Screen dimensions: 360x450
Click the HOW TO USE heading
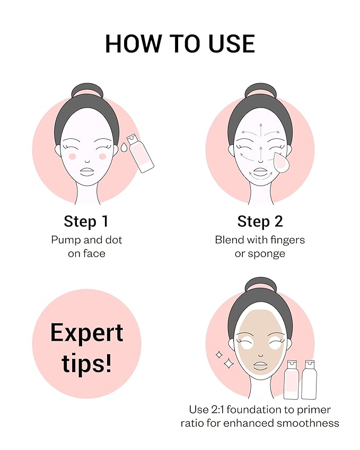[x=180, y=43]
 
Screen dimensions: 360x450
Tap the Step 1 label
[x=86, y=221]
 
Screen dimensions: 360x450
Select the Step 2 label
[x=260, y=221]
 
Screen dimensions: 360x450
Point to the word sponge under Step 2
[x=266, y=254]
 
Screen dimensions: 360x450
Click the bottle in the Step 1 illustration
[x=141, y=153]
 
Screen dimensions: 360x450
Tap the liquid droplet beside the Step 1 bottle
[x=124, y=147]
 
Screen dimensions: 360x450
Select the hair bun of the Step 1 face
[x=87, y=91]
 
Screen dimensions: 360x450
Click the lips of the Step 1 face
[x=87, y=172]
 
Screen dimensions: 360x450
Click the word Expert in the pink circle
[x=87, y=333]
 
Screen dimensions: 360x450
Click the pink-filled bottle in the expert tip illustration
[x=291, y=380]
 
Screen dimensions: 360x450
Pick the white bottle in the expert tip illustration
[x=309, y=380]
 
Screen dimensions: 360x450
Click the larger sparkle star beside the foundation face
[x=229, y=363]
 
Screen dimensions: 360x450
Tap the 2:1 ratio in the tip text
[x=217, y=410]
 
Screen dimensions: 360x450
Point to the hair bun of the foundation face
[x=261, y=285]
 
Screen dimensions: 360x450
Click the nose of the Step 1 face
[x=87, y=161]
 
